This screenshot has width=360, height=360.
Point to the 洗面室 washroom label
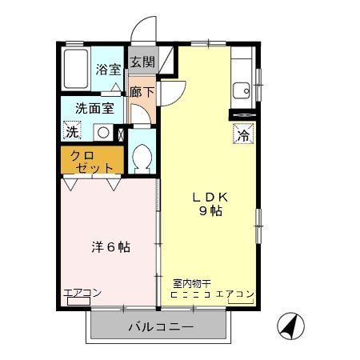tap(94, 108)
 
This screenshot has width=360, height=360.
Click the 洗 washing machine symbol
tap(73, 132)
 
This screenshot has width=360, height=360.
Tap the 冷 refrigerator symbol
tap(242, 135)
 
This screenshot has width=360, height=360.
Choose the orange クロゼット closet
tap(92, 161)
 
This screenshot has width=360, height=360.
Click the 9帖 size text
tap(210, 212)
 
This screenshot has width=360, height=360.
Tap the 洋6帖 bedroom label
tap(109, 247)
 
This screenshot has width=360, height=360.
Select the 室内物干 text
tap(191, 282)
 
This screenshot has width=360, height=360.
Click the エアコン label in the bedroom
tap(82, 293)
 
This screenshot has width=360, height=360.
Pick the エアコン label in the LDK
tap(234, 294)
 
